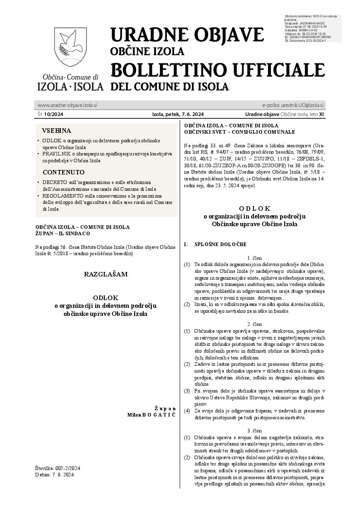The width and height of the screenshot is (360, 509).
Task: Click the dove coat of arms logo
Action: (70, 48)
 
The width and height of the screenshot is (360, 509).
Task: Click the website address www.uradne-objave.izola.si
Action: (67, 105)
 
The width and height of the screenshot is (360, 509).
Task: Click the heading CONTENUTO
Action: (63, 172)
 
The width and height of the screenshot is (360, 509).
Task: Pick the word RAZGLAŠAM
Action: (106, 274)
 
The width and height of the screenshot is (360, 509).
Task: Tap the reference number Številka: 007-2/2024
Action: (57, 468)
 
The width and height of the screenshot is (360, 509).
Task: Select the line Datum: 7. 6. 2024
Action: (54, 474)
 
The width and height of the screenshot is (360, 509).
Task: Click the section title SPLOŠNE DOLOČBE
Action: (220, 244)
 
